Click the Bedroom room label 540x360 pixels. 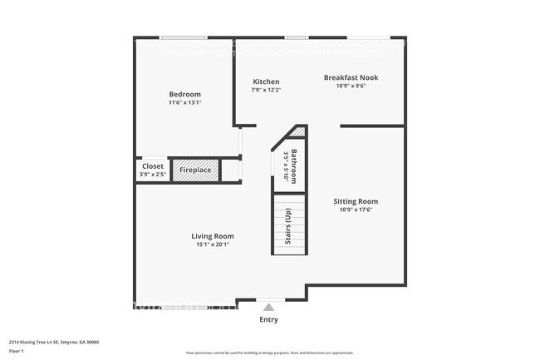(x=184, y=94)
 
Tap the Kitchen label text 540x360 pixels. (x=266, y=81)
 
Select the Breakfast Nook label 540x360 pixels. (x=351, y=77)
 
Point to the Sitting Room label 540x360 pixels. (x=356, y=201)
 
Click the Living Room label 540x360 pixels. (x=212, y=236)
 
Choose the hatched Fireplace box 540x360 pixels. (x=195, y=170)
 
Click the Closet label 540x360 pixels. (x=153, y=166)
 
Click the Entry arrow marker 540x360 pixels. (x=268, y=307)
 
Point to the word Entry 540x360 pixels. (x=268, y=319)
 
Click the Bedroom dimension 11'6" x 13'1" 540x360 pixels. (x=184, y=103)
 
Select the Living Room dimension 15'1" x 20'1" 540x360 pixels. (x=212, y=245)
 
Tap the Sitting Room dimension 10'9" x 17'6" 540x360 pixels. (x=356, y=210)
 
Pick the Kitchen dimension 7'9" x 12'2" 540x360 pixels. (x=266, y=90)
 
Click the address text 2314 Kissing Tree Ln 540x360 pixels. (x=50, y=341)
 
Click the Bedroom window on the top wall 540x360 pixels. (x=184, y=37)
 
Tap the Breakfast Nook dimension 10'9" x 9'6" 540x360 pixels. (x=351, y=86)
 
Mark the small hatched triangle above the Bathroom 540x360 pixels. (x=298, y=132)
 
